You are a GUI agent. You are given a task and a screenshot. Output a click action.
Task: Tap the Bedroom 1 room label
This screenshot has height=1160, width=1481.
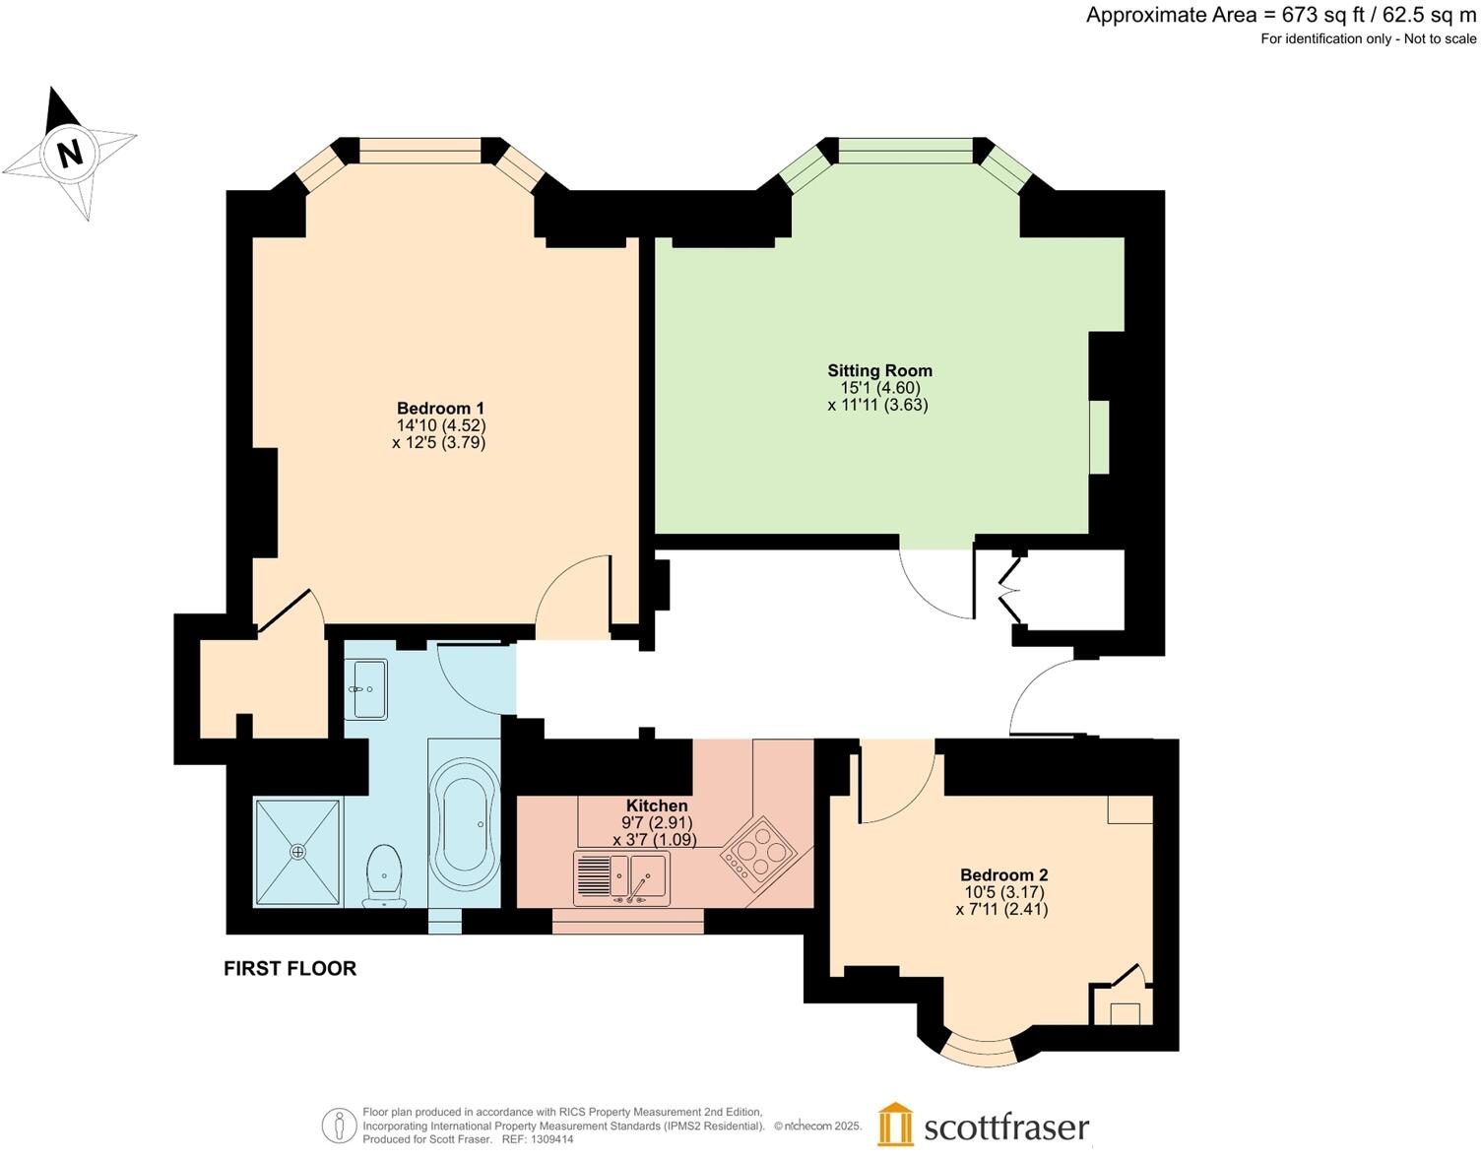(440, 409)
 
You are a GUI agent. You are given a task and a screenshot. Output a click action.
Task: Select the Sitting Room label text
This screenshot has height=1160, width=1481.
(879, 371)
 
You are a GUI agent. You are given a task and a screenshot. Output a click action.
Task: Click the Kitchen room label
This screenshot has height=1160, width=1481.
(657, 806)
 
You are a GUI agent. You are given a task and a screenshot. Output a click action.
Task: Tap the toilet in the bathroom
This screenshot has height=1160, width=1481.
(384, 874)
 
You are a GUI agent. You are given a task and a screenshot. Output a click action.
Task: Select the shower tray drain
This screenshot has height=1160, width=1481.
(297, 851)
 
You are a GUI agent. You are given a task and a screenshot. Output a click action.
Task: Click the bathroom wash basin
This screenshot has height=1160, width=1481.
(366, 689)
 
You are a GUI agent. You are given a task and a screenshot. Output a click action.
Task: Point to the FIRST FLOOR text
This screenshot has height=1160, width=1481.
(290, 968)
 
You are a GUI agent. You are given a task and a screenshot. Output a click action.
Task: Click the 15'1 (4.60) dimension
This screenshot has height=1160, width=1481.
(879, 388)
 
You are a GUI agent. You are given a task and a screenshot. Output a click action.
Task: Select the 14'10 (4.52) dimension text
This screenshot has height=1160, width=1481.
(440, 425)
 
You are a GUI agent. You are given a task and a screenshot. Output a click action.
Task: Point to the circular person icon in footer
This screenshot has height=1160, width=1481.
(339, 1126)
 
